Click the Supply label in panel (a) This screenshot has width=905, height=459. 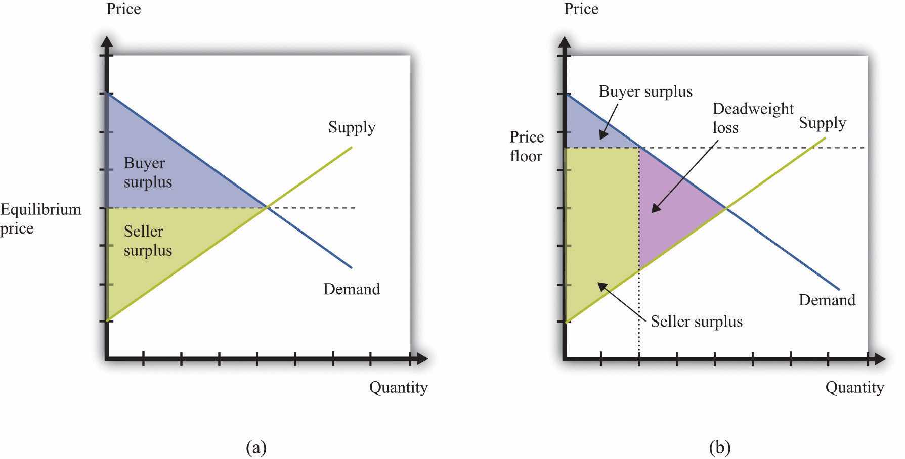coord(352,127)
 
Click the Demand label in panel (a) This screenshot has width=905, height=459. coord(352,289)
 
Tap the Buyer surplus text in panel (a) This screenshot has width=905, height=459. coord(148,172)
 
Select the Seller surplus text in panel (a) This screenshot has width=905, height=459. coord(148,241)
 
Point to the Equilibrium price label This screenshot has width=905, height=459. coord(40,218)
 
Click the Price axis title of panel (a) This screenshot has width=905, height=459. coord(123,9)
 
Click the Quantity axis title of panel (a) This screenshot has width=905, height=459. coord(398,387)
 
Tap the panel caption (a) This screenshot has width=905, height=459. coord(255,447)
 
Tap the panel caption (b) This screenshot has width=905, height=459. coord(719,447)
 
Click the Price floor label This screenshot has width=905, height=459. coord(526,147)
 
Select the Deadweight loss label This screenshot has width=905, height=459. coord(753,118)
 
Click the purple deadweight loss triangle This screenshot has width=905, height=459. coord(673,207)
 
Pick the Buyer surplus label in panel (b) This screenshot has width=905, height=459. coord(645,91)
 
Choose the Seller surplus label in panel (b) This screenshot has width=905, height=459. coord(697,322)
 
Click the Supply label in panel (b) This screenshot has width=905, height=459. coord(822,123)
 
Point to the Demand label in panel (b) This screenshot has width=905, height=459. coord(827,300)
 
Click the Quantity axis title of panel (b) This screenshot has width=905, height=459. coord(854,387)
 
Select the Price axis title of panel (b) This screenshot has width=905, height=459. coord(581,9)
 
